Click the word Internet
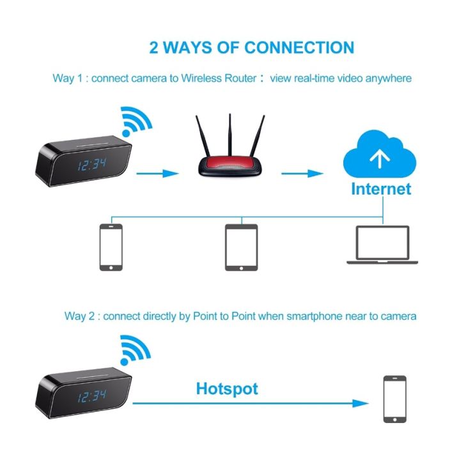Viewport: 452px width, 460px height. click(380, 189)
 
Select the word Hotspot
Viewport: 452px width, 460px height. click(227, 388)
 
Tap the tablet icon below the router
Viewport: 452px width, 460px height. click(241, 247)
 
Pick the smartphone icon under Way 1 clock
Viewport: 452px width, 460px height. click(111, 247)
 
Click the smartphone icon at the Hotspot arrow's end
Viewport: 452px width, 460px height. click(394, 400)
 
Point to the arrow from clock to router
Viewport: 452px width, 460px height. click(156, 173)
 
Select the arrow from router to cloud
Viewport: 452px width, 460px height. click(301, 173)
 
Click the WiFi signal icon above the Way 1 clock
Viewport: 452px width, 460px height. click(136, 122)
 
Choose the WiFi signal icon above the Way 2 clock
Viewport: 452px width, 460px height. click(136, 350)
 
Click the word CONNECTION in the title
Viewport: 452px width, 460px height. click(299, 47)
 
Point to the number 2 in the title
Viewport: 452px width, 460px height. click(154, 47)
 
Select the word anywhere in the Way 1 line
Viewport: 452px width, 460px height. click(388, 79)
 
